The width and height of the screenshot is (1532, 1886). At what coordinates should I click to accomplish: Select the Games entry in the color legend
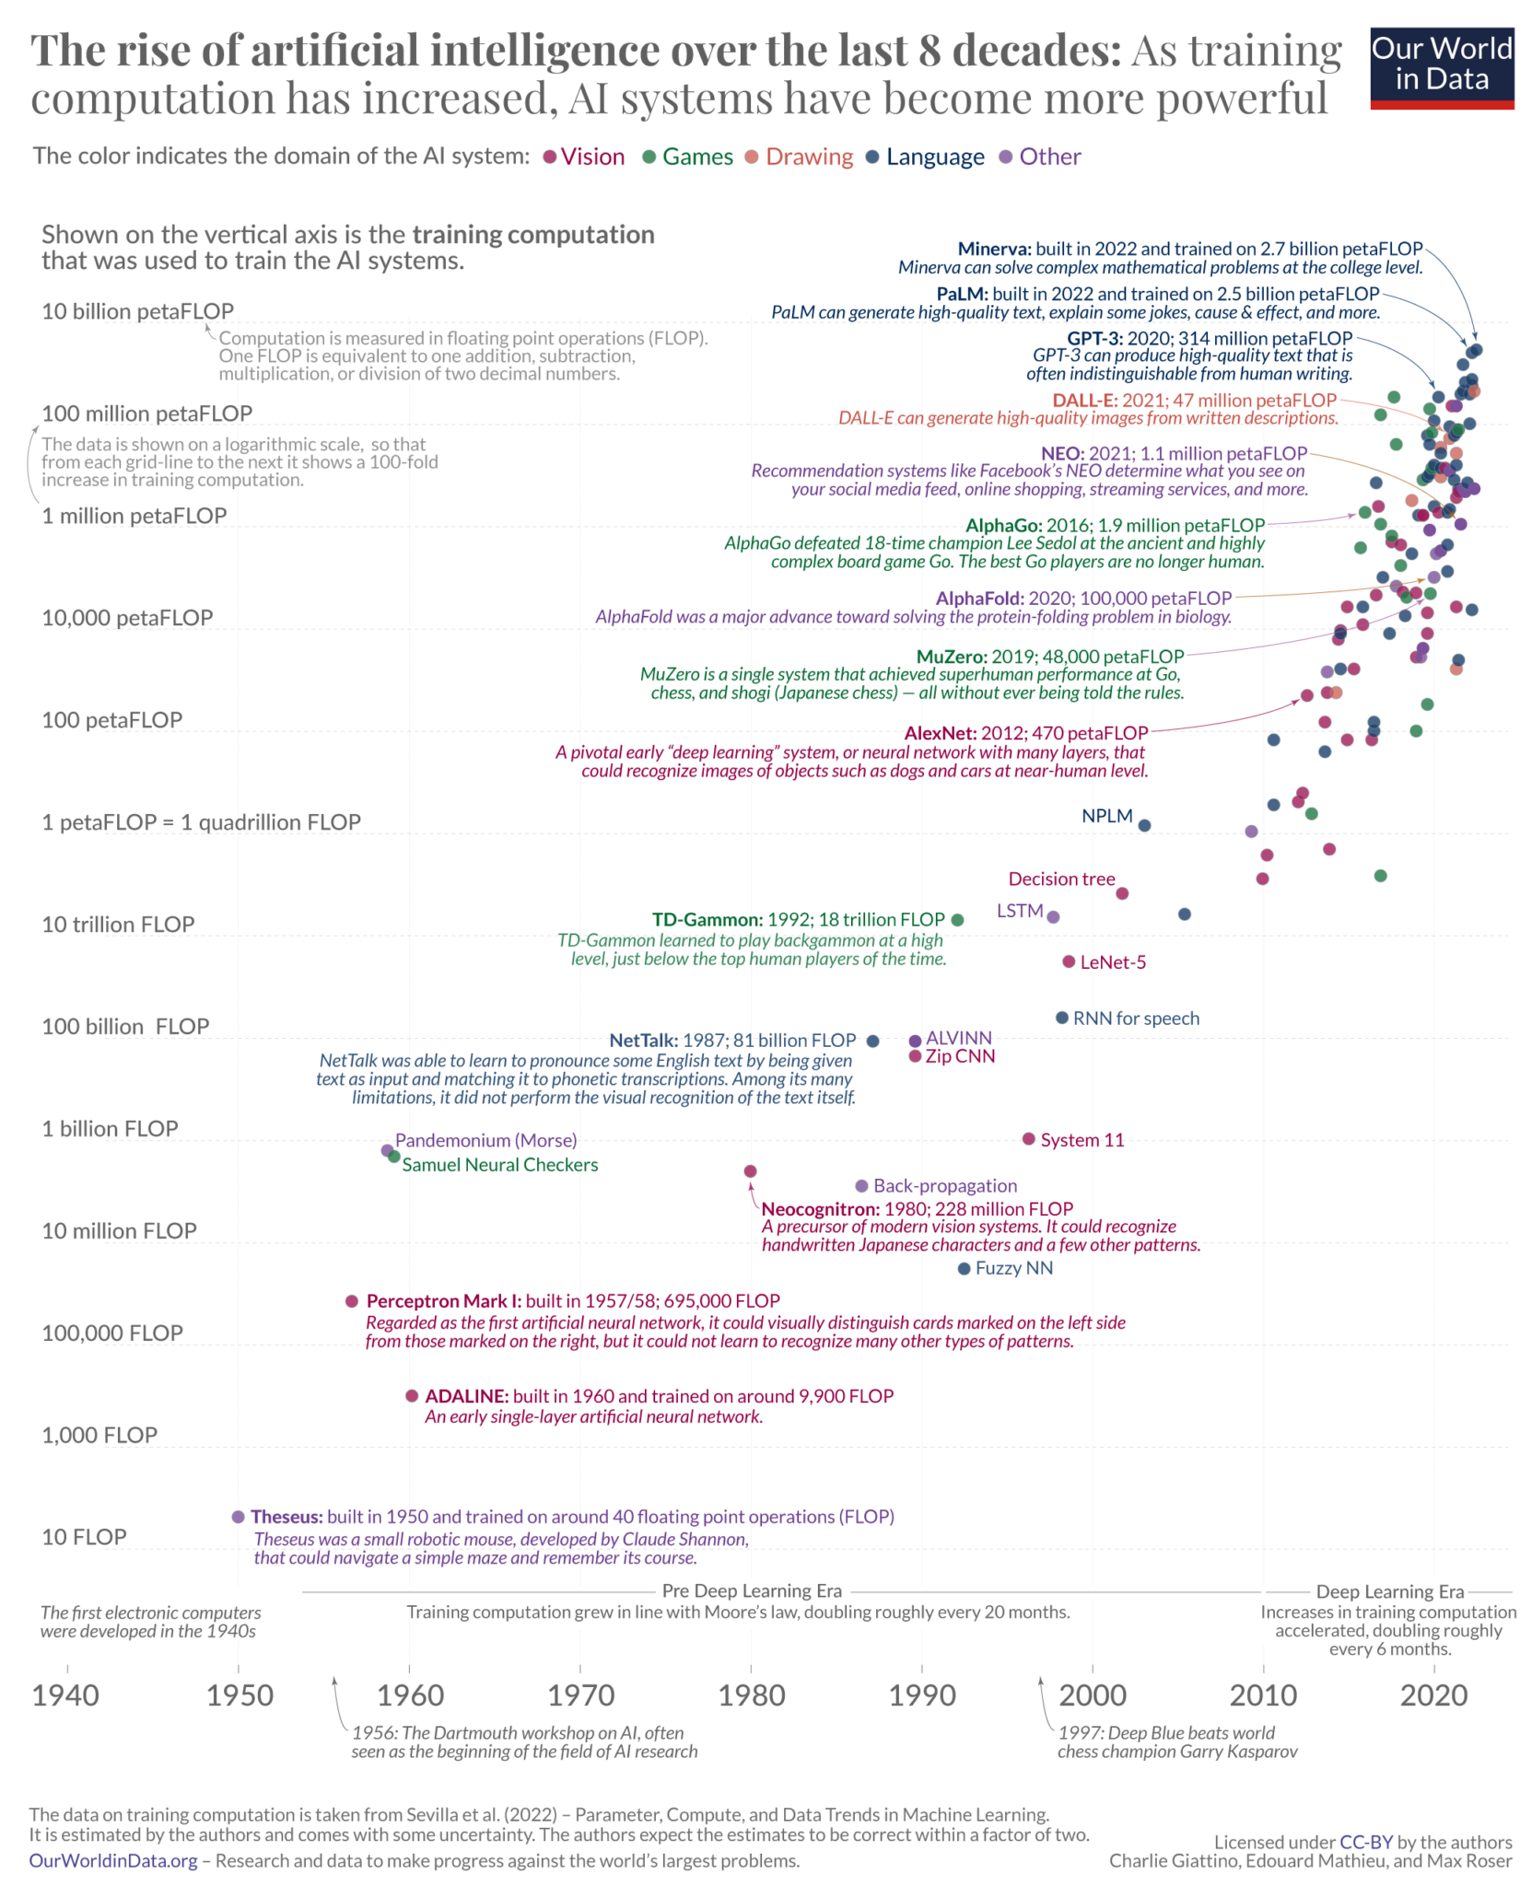coord(686,157)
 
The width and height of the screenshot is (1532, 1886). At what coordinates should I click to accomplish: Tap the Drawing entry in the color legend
coord(798,157)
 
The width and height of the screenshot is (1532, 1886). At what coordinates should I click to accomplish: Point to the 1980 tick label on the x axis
coord(751,1694)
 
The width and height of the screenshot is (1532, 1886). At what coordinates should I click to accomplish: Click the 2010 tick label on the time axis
coord(1263,1694)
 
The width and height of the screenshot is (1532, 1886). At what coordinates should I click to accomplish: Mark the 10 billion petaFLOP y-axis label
coord(137,311)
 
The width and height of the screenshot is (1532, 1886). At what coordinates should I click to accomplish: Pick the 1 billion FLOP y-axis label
coord(110,1129)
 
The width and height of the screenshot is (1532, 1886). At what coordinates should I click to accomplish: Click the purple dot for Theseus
coord(239,1517)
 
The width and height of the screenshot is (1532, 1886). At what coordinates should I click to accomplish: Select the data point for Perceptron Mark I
coord(351,1301)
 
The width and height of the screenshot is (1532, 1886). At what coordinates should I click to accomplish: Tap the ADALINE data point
coord(412,1396)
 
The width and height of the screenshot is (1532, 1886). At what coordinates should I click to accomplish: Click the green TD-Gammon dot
coord(957,920)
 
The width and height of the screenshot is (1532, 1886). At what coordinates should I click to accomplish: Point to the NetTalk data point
coord(873,1042)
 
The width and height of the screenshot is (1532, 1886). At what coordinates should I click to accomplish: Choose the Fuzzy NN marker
coord(964,1269)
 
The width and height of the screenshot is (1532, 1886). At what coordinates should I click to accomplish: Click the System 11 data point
coord(1029,1139)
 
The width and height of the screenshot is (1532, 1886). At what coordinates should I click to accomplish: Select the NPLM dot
coord(1144,825)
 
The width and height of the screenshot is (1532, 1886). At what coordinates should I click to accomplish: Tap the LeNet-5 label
coord(1113,962)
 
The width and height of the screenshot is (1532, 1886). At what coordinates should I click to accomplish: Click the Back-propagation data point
coord(861,1186)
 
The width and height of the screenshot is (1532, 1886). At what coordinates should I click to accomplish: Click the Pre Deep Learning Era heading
coord(752,1590)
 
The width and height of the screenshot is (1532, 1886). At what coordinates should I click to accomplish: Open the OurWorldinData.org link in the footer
coord(113,1860)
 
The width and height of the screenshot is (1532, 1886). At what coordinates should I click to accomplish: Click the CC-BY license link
coord(1365,1842)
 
